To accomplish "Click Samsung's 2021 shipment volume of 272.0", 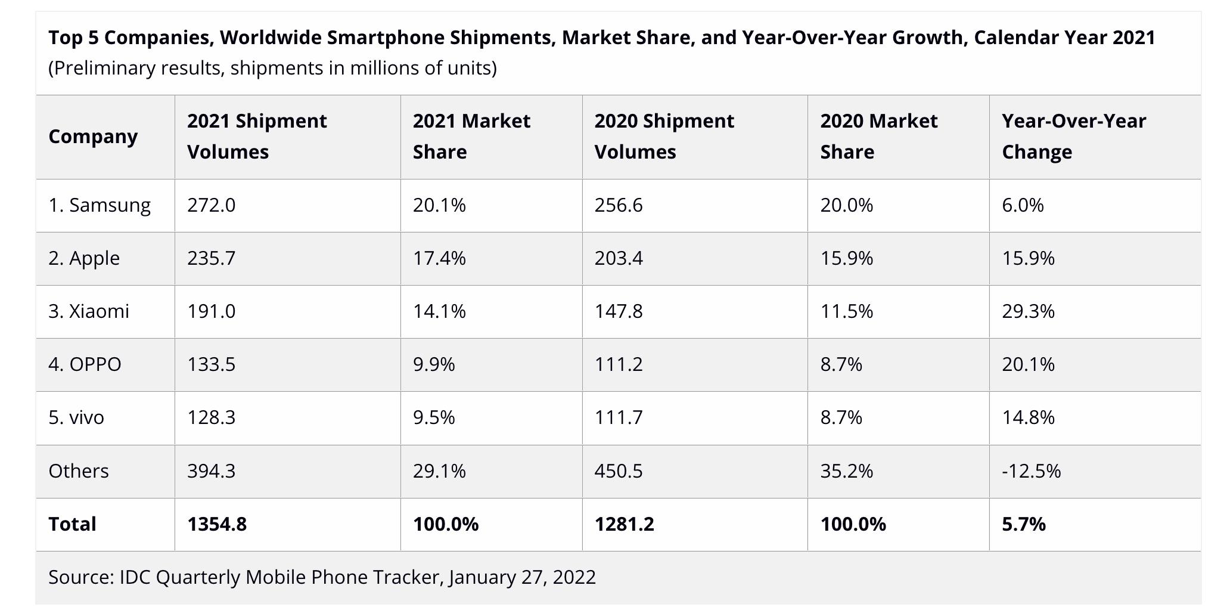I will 211,205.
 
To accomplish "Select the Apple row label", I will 84,258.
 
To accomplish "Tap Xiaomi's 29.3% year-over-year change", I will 1028,311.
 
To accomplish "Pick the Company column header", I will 93,137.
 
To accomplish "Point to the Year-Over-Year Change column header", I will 1073,137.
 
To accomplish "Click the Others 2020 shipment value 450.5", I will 619,471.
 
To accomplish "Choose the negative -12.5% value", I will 1031,471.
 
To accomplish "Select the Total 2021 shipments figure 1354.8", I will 217,524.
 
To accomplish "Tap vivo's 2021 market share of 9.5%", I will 434,417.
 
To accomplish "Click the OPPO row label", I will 85,364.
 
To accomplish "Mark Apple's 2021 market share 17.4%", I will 439,258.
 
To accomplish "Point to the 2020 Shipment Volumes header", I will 664,137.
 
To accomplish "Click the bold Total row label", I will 72,524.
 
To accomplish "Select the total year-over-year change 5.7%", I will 1023,524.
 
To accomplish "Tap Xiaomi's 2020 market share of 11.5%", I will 846,311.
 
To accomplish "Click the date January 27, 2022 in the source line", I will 523,577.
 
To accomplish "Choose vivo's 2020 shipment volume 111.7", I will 619,417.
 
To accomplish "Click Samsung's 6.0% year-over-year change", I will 1023,205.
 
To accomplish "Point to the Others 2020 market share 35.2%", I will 846,471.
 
